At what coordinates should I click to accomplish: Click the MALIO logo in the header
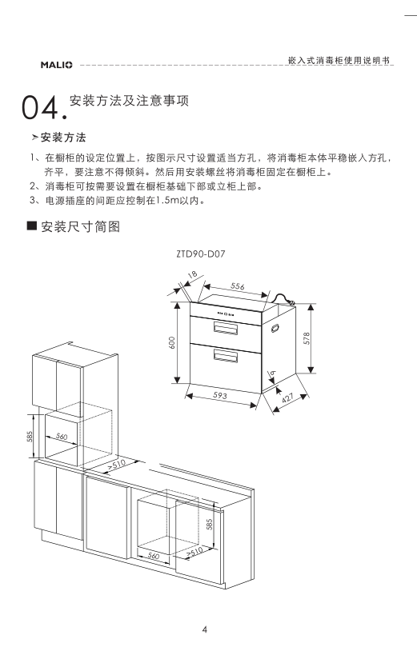pyautogui.click(x=57, y=65)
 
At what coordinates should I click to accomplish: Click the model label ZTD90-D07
pyautogui.click(x=200, y=254)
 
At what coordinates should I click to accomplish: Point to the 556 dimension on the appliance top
pyautogui.click(x=237, y=286)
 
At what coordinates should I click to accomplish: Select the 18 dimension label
pyautogui.click(x=192, y=275)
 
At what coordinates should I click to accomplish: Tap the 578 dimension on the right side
pyautogui.click(x=307, y=338)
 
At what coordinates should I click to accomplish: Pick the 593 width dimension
pyautogui.click(x=220, y=395)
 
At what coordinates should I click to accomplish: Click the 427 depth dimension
pyautogui.click(x=288, y=397)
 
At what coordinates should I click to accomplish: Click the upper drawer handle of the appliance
pyautogui.click(x=226, y=328)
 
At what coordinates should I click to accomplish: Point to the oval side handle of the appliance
pyautogui.click(x=275, y=328)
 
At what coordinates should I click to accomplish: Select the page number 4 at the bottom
pyautogui.click(x=205, y=629)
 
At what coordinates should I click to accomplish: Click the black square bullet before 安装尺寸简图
pyautogui.click(x=32, y=226)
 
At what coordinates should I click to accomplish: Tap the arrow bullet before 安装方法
pyautogui.click(x=34, y=138)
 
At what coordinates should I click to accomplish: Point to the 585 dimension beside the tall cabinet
pyautogui.click(x=30, y=437)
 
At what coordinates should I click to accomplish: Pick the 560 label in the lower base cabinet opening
pyautogui.click(x=154, y=556)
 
